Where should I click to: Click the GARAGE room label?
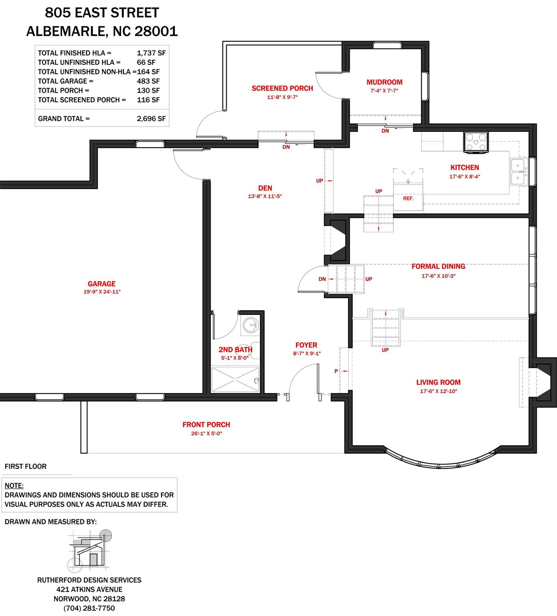coord(101,284)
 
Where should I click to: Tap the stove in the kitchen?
coord(476,142)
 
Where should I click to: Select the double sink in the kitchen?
coord(519,171)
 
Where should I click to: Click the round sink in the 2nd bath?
coord(251,324)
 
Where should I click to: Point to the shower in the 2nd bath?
coord(235,379)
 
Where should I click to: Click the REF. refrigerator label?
coord(408,199)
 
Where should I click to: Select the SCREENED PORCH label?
coord(282,88)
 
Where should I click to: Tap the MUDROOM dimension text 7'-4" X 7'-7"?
coord(384,91)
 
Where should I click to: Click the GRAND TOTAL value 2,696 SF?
coord(151,119)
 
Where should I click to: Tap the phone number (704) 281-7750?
coord(89,608)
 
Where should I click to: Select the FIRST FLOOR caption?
coord(26,466)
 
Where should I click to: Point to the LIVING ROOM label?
coord(438,383)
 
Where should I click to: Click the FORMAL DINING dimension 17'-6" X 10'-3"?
coord(438,276)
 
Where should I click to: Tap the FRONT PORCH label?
coord(206,425)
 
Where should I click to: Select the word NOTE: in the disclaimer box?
coord(14,486)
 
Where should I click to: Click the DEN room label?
coord(265,188)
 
